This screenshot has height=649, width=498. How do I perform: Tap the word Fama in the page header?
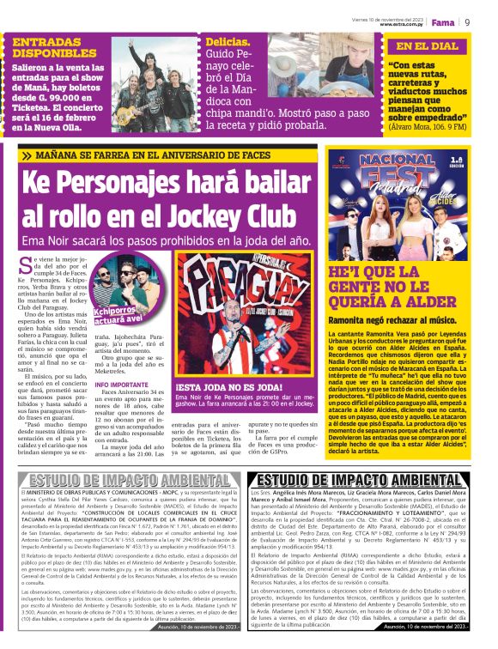click(443, 21)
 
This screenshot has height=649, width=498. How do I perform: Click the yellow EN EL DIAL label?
click(428, 46)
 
